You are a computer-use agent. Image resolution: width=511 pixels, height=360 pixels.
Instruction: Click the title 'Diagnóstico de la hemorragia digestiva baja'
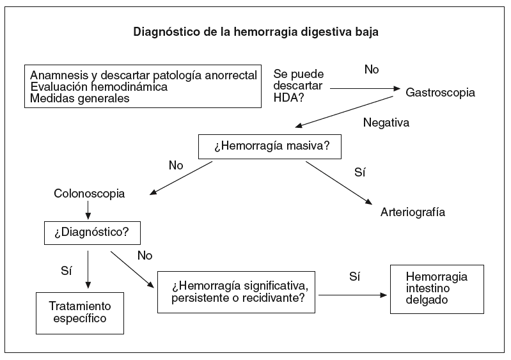pos(256,31)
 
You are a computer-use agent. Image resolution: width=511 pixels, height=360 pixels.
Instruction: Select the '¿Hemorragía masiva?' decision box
pos(271,146)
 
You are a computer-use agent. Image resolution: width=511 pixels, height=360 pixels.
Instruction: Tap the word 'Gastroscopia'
pos(441,92)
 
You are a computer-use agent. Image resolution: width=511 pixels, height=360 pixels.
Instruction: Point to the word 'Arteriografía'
pos(413,212)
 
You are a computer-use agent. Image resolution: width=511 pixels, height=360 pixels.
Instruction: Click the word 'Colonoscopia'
pos(90,192)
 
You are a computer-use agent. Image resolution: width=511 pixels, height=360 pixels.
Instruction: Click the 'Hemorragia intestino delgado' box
pos(437,288)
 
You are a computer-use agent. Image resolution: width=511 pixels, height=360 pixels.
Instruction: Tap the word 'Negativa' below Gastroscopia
pos(386,122)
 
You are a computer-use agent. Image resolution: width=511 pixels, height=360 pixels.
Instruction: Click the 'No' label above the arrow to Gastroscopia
pos(372,68)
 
